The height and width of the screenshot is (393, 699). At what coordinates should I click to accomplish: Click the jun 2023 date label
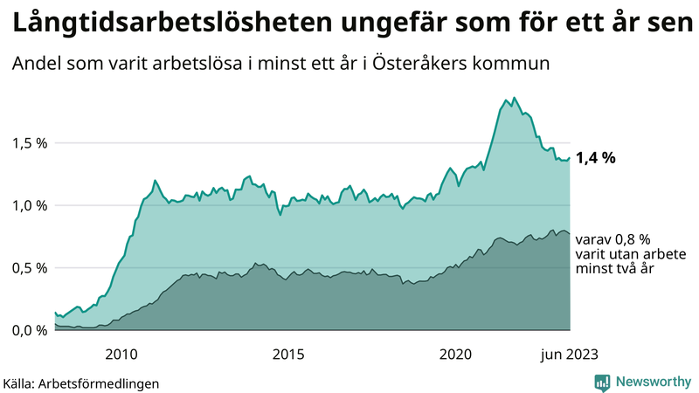(x=569, y=353)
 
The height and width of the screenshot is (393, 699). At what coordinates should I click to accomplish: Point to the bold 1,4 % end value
(x=596, y=158)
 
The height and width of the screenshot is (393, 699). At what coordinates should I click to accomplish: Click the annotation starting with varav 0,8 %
(x=612, y=238)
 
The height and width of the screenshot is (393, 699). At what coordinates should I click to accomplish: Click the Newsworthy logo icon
(x=602, y=382)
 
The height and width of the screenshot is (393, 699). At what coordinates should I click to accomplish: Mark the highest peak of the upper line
(x=514, y=98)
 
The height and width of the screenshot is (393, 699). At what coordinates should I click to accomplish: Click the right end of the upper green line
(x=570, y=158)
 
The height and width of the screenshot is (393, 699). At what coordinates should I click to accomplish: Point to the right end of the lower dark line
(x=570, y=234)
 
